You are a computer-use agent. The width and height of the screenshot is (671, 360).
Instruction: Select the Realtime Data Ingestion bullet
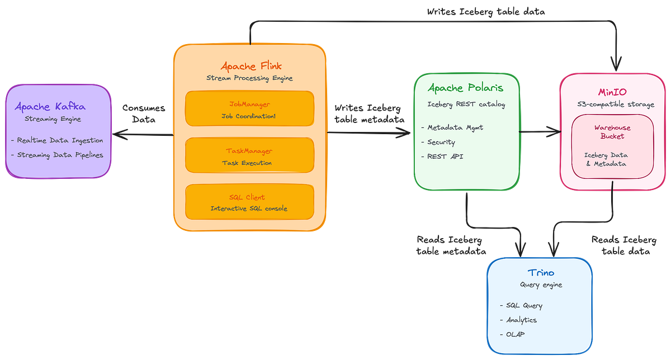[x=56, y=140]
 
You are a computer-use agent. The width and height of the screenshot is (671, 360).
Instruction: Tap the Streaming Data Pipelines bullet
[x=56, y=155]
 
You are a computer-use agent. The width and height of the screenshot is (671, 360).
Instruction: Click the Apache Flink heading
[x=249, y=65]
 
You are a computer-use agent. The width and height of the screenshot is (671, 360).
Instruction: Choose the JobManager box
[x=249, y=109]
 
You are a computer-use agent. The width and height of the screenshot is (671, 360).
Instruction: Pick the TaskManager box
[x=249, y=156]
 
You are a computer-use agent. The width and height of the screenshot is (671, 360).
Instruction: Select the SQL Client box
[x=249, y=202]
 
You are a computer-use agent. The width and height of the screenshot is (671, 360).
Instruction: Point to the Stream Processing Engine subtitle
[x=249, y=78]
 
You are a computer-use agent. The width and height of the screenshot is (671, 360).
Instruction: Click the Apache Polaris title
[x=466, y=88]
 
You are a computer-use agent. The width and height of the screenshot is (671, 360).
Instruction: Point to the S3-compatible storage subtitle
[x=613, y=104]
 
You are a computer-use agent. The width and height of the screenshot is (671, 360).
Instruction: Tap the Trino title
[x=541, y=272]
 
